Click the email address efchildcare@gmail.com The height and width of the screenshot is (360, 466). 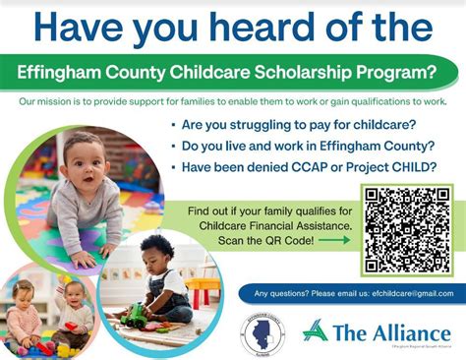(x=404, y=294)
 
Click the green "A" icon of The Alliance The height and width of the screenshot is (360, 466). (x=316, y=330)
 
